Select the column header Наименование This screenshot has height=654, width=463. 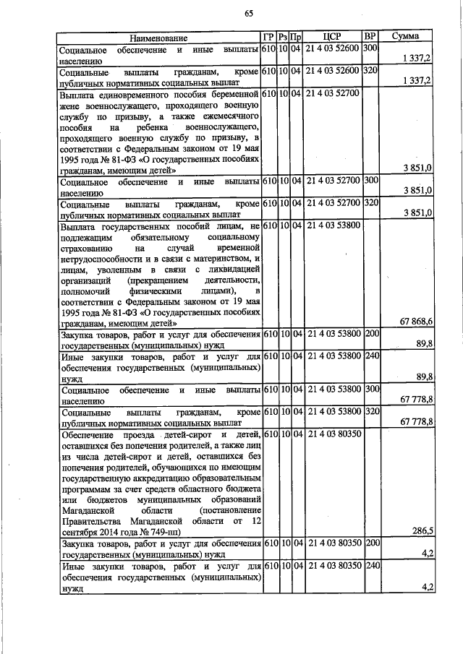(153, 38)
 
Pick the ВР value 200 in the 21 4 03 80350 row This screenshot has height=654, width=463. (371, 543)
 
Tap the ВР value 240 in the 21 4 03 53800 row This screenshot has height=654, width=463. (371, 356)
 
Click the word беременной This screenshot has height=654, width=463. (233, 94)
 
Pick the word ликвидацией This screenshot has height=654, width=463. (229, 270)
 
